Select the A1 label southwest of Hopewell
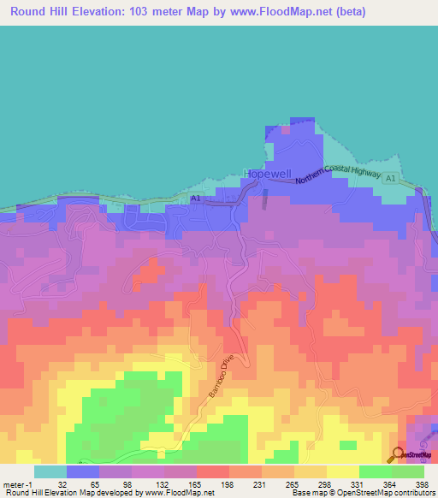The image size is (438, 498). pyautogui.click(x=196, y=199)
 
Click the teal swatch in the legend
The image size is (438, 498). pyautogui.click(x=50, y=471)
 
